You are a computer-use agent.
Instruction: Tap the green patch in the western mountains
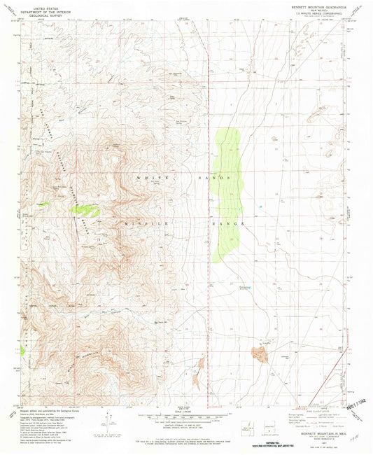(87, 208)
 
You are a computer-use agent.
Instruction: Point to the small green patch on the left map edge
(23, 348)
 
